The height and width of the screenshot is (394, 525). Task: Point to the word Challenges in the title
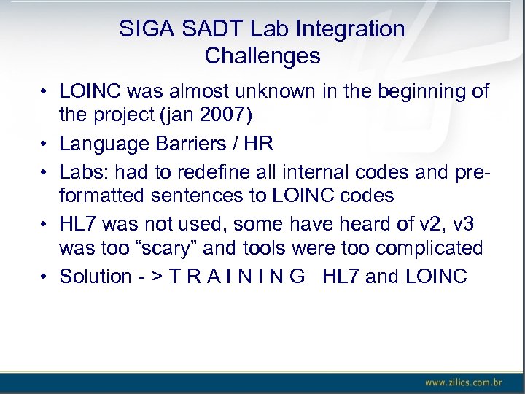(262, 55)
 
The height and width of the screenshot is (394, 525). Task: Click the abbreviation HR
(258, 144)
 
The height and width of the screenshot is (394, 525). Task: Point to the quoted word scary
(166, 248)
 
